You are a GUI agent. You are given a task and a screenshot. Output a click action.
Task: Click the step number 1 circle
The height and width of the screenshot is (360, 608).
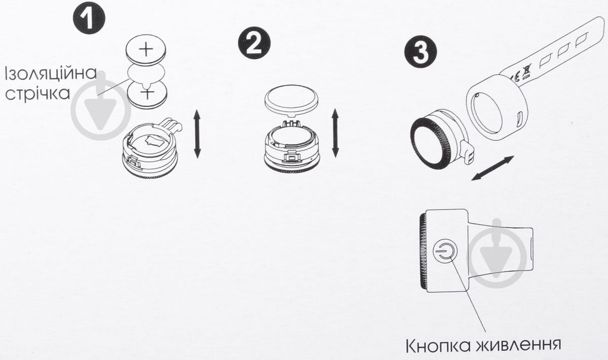(x=89, y=18)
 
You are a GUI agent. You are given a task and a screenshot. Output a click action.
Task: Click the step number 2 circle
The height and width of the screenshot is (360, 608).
(x=254, y=43)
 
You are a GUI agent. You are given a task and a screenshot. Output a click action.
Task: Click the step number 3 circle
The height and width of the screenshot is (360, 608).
(x=421, y=52)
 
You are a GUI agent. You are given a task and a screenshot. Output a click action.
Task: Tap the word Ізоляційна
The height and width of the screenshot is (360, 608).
(x=51, y=73)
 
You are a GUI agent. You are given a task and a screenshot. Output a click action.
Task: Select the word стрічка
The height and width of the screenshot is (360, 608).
(x=37, y=94)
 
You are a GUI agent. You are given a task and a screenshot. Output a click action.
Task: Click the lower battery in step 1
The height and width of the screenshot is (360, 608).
(x=147, y=95)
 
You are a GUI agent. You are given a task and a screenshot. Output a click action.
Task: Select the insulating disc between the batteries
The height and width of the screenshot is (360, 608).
(x=146, y=74)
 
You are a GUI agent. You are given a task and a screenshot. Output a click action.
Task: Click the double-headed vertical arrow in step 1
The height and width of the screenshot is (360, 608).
(x=197, y=134)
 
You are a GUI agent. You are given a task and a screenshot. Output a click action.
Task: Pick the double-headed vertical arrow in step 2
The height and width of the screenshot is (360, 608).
(x=335, y=133)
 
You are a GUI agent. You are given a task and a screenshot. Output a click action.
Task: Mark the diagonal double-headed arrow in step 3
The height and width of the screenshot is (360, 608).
(x=492, y=168)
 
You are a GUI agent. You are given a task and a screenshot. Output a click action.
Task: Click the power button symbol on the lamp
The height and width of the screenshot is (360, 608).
(x=444, y=251)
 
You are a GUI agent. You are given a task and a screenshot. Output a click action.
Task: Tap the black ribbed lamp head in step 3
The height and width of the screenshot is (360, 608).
(x=430, y=144)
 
